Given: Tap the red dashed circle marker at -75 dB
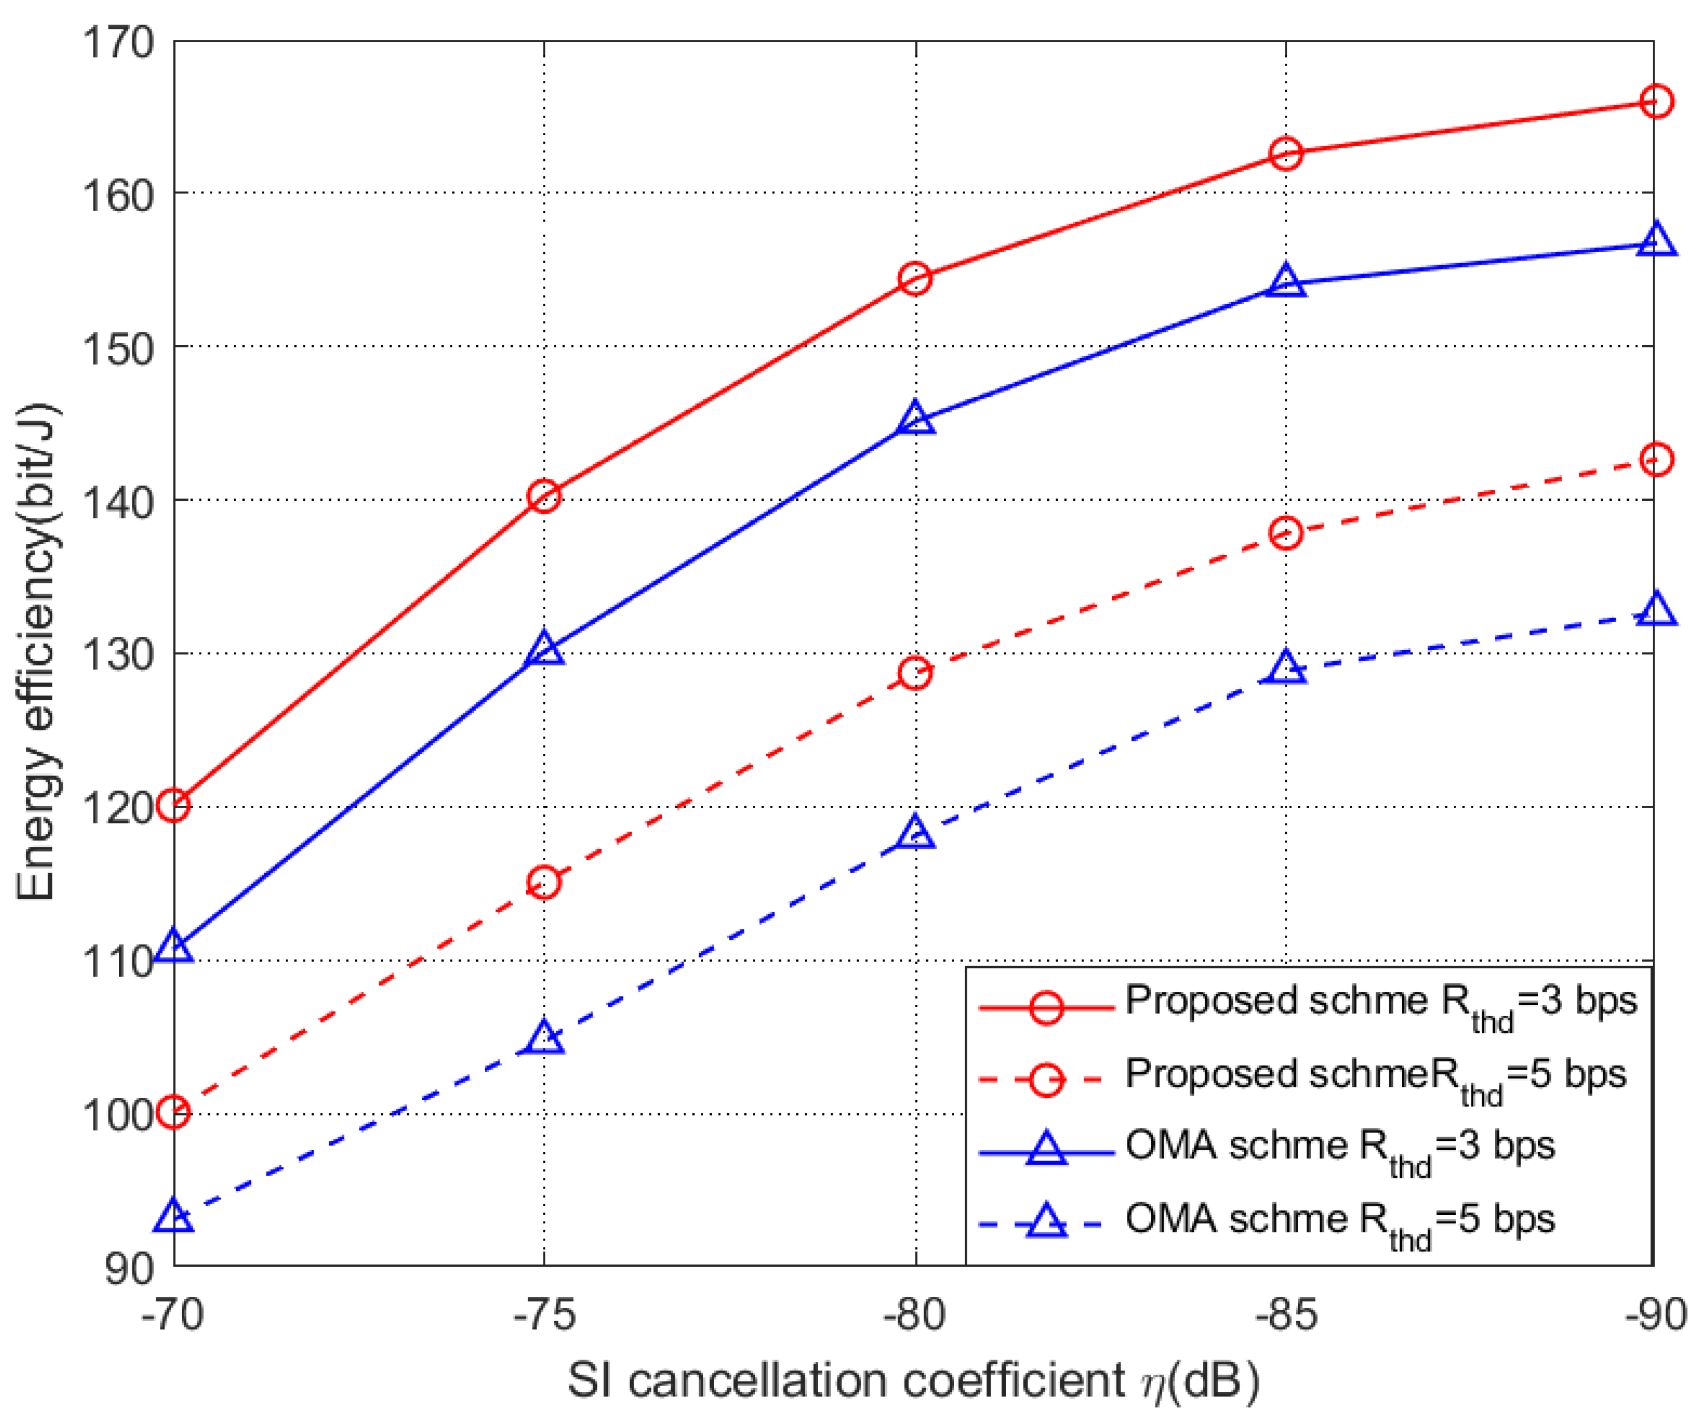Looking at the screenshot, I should point(544,882).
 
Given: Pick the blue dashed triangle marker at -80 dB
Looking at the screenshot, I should point(915,834).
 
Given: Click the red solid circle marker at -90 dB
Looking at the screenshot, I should point(1656,102).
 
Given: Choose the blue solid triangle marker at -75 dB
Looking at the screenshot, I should point(544,650).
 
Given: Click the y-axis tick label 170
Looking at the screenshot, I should point(119,42).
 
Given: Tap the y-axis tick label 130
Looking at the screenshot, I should point(119,654).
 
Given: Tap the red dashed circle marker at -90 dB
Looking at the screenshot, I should point(1656,459).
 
